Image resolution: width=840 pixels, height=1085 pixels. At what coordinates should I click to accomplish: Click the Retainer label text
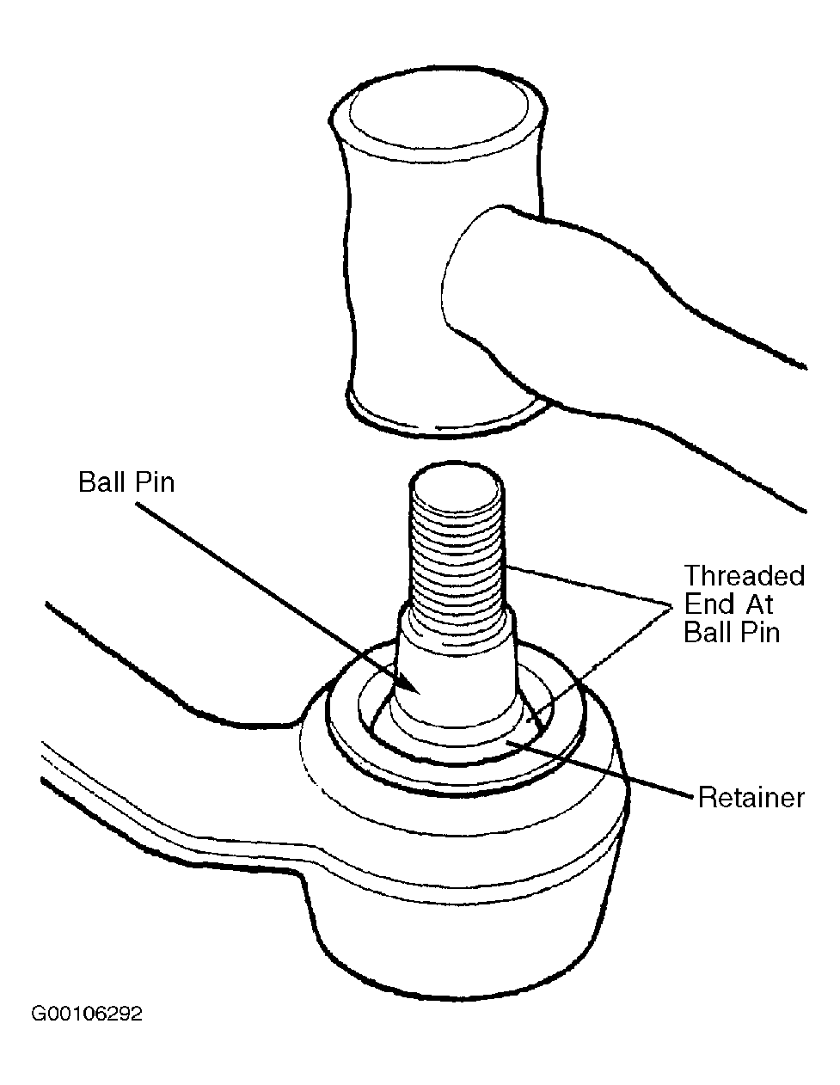point(751,797)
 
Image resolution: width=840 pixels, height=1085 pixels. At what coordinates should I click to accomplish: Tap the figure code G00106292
point(87,1014)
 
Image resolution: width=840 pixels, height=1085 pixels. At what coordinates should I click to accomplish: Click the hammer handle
point(624,340)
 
